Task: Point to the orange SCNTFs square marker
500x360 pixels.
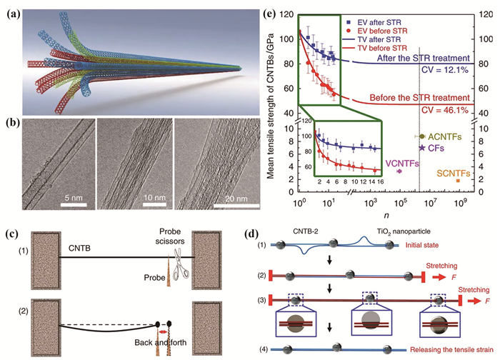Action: coord(458,181)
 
